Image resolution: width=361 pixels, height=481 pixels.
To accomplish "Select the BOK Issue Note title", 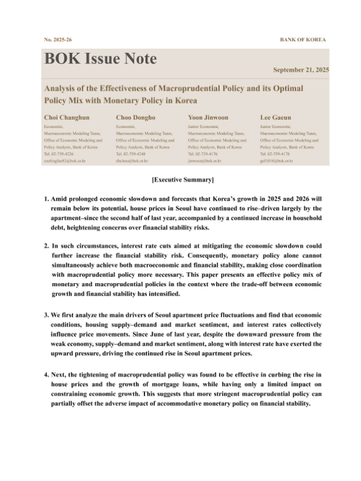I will (x=100, y=59).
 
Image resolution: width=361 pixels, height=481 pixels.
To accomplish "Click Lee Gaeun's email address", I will (x=276, y=161).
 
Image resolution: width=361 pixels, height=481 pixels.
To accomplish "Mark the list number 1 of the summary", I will (x=46, y=198).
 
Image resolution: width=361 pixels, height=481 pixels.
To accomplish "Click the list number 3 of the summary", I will (x=46, y=314).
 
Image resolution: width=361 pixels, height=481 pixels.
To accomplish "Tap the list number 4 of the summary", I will (x=46, y=375).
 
